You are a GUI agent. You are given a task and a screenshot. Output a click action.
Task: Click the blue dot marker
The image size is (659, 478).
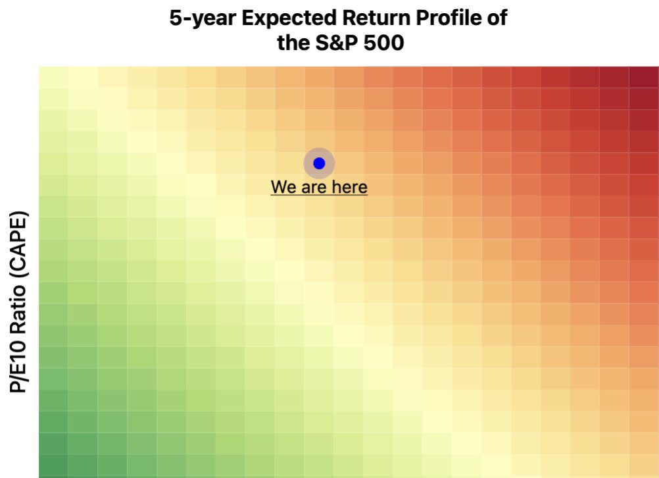click(319, 163)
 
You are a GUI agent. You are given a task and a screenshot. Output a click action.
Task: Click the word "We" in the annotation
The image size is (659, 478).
click(284, 187)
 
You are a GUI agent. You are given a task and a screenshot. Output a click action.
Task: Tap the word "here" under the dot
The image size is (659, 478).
click(350, 187)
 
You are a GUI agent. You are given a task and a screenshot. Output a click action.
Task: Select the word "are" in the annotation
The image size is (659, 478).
click(314, 188)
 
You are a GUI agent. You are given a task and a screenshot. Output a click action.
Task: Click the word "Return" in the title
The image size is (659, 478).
click(376, 18)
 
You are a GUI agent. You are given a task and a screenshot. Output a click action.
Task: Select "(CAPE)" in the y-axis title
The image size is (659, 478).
click(19, 244)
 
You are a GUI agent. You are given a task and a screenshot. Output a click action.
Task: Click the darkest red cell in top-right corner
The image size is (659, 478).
click(644, 78)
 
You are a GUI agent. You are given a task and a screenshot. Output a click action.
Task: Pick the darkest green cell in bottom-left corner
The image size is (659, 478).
click(53, 466)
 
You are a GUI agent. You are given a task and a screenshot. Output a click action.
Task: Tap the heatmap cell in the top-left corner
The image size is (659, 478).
click(53, 78)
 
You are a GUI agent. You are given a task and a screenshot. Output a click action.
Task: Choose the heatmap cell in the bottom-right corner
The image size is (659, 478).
click(644, 466)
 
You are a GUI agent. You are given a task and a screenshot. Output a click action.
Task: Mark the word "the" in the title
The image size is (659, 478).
click(293, 43)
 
